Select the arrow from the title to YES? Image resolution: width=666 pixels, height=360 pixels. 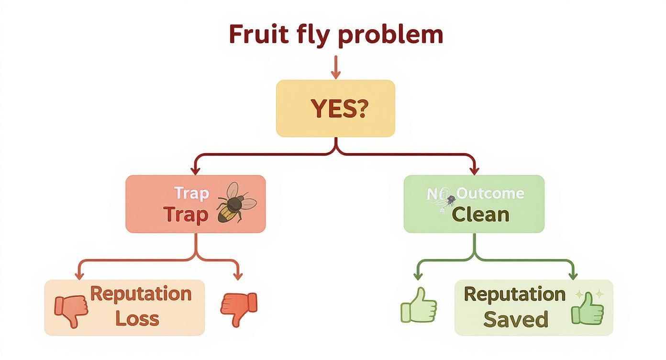[x=335, y=67]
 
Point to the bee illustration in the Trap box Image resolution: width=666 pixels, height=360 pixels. [x=236, y=203]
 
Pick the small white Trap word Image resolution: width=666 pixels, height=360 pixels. [x=191, y=193]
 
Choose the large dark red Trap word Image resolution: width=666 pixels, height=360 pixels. [x=186, y=214]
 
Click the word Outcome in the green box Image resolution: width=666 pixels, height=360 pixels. [x=490, y=194]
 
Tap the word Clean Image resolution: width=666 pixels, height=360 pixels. [x=480, y=214]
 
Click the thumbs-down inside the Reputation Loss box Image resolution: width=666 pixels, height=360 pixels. [x=72, y=309]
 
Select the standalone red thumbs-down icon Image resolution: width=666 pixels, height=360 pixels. [x=239, y=307]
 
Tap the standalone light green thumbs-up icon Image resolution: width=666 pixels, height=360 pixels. [x=419, y=305]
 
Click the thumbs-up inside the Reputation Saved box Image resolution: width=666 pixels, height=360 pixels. [x=588, y=309]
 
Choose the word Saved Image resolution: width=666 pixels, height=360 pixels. [x=515, y=319]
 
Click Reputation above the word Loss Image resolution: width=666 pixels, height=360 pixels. [x=141, y=293]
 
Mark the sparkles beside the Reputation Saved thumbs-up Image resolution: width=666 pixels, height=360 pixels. [x=584, y=294]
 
